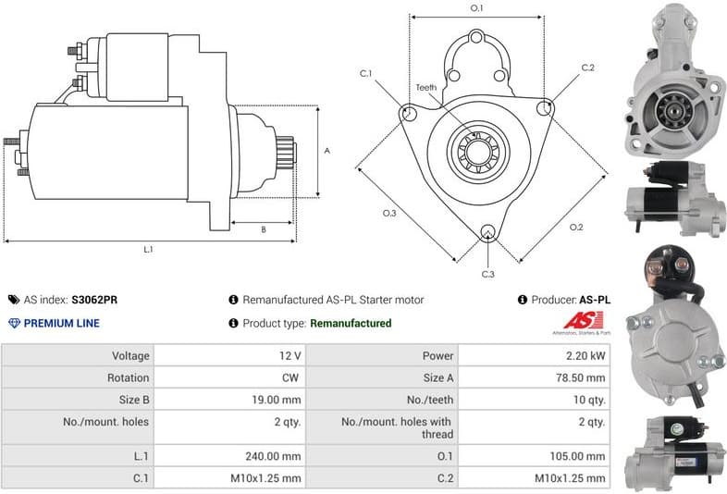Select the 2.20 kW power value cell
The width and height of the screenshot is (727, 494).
pyautogui.click(x=587, y=355)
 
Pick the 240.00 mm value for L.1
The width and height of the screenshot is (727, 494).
pyautogui.click(x=278, y=456)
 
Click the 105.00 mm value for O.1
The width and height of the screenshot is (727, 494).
pyautogui.click(x=583, y=456)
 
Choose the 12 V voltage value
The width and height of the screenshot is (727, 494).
pyautogui.click(x=290, y=355)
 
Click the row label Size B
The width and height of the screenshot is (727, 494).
pyautogui.click(x=128, y=400)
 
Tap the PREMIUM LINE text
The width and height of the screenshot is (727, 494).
pyautogui.click(x=62, y=323)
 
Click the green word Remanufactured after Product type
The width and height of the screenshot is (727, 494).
pyautogui.click(x=350, y=323)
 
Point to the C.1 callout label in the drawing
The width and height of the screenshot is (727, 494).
pyautogui.click(x=366, y=73)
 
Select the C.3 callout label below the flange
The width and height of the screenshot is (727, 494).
pyautogui.click(x=487, y=275)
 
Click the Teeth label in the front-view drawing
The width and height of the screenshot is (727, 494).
pyautogui.click(x=425, y=87)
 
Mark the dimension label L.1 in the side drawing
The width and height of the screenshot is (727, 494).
pyautogui.click(x=148, y=250)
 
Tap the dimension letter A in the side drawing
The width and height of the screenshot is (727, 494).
pyautogui.click(x=327, y=151)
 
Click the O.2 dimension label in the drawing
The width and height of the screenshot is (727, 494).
pyautogui.click(x=575, y=227)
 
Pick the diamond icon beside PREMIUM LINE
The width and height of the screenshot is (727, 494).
pyautogui.click(x=13, y=323)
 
